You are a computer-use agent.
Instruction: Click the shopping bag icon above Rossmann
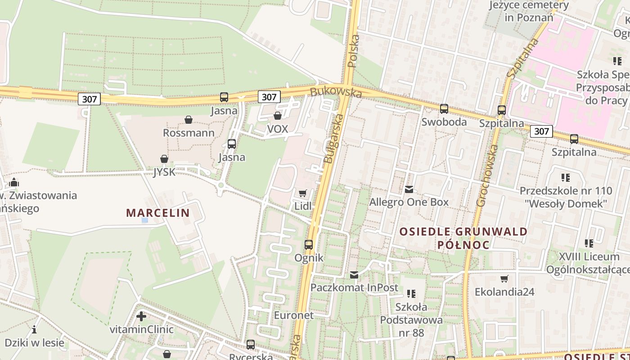[x=189, y=120]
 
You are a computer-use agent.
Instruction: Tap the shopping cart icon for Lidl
[x=303, y=193]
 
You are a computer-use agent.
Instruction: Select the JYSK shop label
[x=163, y=172]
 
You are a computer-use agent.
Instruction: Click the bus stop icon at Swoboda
[x=444, y=109]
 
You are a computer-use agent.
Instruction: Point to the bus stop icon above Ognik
[x=309, y=245]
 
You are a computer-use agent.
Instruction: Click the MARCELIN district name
[x=157, y=213]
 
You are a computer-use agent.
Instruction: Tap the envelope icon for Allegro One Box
[x=409, y=189]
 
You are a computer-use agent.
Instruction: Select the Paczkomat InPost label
[x=354, y=288]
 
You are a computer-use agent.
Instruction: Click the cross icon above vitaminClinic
[x=141, y=316]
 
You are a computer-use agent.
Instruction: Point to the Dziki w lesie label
[x=34, y=342]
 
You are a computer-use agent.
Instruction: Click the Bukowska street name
[x=336, y=92]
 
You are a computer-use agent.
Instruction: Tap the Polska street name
[x=354, y=51]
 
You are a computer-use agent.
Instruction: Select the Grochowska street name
[x=487, y=175]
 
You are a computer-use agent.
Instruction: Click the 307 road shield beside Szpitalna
[x=541, y=131]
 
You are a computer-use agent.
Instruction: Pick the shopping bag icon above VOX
[x=278, y=116]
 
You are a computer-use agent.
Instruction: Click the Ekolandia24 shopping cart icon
[x=504, y=279]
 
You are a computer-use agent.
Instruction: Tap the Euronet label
[x=293, y=315]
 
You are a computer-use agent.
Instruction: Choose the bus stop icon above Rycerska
[x=251, y=345]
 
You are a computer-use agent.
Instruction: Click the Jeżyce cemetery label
[x=529, y=11]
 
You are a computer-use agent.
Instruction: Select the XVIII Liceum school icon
[x=589, y=243]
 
